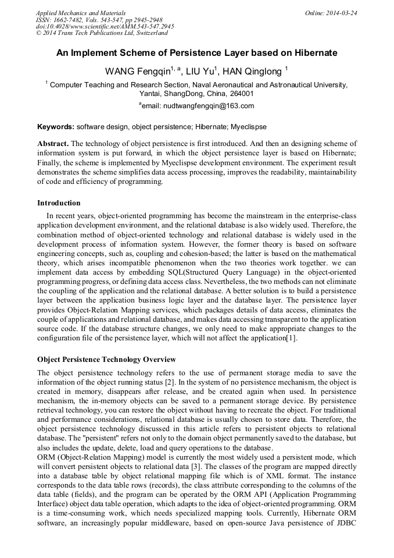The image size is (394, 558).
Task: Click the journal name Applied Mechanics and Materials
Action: [x=80, y=13]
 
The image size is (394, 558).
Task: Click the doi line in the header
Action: [x=105, y=26]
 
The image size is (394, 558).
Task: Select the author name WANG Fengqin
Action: [x=137, y=72]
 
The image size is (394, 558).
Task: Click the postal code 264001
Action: [x=240, y=94]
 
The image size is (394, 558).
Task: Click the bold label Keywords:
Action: [x=56, y=126]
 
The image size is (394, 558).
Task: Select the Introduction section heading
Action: [x=59, y=203]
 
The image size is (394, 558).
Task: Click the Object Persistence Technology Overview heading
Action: [x=106, y=360]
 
